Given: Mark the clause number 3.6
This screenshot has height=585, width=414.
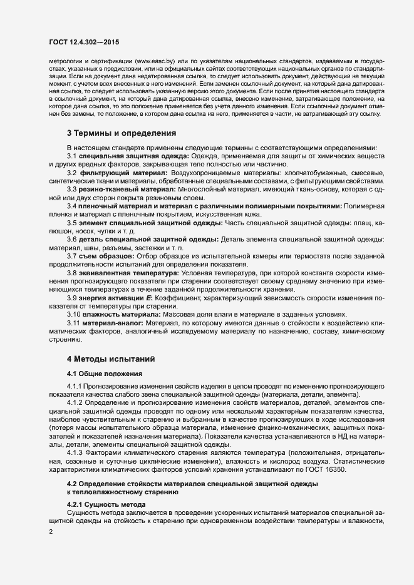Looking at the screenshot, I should click(72, 240).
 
